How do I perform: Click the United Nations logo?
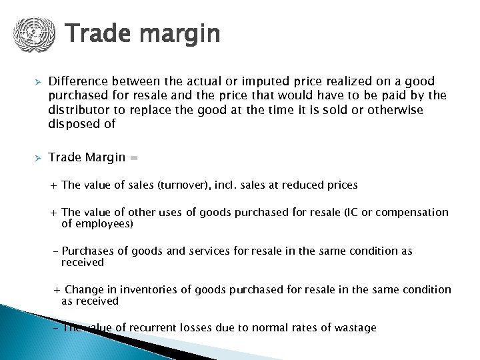coord(30,33)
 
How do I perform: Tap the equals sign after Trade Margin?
coord(134,158)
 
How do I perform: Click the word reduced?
coord(303,185)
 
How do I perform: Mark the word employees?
coord(104,224)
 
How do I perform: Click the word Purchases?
coord(86,251)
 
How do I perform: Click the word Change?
coord(83,290)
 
